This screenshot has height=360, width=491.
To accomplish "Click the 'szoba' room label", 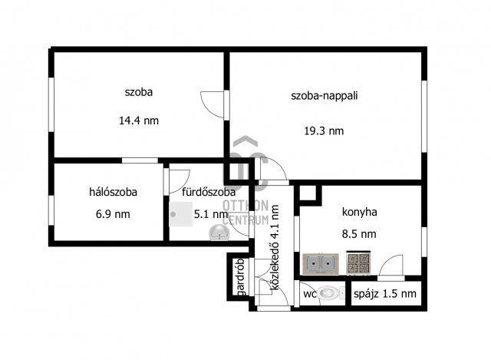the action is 139,92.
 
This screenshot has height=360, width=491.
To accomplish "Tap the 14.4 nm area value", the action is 139,121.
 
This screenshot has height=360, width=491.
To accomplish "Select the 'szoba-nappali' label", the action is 324,95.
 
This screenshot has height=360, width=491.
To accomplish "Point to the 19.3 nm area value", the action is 324,130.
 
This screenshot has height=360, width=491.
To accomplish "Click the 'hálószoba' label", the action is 113,192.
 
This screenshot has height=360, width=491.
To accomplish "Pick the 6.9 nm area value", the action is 113,214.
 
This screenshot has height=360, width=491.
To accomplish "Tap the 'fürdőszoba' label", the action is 209,192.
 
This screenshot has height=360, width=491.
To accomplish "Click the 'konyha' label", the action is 359,212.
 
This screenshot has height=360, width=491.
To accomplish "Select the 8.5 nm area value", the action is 359,234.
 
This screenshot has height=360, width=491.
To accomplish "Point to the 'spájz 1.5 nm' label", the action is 385,294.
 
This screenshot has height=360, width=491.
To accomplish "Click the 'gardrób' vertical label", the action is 241,277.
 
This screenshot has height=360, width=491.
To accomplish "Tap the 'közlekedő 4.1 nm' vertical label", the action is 275,247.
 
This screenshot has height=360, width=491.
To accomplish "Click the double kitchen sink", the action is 321,263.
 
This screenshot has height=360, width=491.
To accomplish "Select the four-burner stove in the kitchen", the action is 358,263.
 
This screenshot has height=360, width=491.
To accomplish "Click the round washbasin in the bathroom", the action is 219,233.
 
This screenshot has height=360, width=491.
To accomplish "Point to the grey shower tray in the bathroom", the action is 181,214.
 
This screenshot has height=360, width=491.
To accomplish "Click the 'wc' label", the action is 309,294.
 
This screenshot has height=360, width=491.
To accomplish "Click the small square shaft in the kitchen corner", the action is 308,193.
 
